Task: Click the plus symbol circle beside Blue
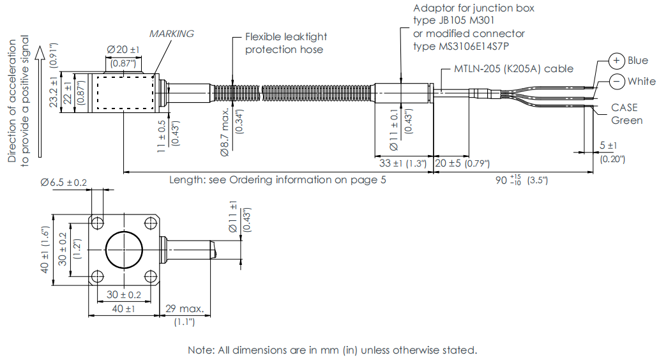616,61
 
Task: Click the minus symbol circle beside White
616,81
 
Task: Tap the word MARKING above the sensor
171,34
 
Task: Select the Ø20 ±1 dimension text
123,49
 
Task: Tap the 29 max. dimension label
185,309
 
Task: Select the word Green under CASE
626,120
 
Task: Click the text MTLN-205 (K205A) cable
513,68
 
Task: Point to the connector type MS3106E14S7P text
464,46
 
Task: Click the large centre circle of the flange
125,250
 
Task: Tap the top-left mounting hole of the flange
98,223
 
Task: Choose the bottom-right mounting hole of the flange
151,276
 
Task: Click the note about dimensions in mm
332,350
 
